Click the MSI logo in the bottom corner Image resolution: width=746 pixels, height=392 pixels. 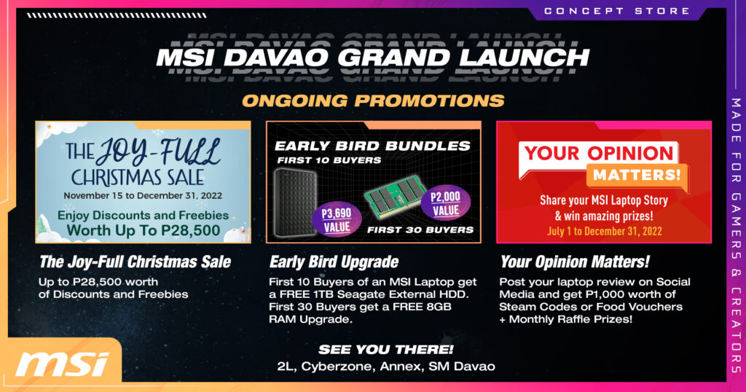(62, 364)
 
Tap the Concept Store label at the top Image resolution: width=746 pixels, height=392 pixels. (617, 11)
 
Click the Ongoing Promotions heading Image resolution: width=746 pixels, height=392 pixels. (373, 101)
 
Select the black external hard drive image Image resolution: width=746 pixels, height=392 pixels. (295, 203)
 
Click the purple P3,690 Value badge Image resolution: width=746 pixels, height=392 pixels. (337, 219)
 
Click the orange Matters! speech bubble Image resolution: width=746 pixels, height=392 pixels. (637, 176)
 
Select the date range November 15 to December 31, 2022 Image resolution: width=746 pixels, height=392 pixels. (143, 195)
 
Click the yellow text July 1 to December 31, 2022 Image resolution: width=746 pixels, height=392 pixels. (604, 232)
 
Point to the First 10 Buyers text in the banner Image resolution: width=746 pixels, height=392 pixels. (329, 160)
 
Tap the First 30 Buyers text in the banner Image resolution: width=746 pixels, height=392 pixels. (420, 230)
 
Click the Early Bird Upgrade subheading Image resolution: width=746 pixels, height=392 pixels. (334, 262)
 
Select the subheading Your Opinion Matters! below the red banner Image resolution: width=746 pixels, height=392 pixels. (575, 262)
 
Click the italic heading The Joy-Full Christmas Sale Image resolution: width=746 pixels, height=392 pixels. (135, 262)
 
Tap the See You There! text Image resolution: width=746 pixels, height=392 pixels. (386, 350)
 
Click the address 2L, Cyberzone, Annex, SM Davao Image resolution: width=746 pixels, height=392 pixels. (386, 366)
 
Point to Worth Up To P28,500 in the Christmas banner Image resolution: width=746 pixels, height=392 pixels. (144, 230)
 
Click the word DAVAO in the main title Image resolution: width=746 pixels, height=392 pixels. (276, 58)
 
